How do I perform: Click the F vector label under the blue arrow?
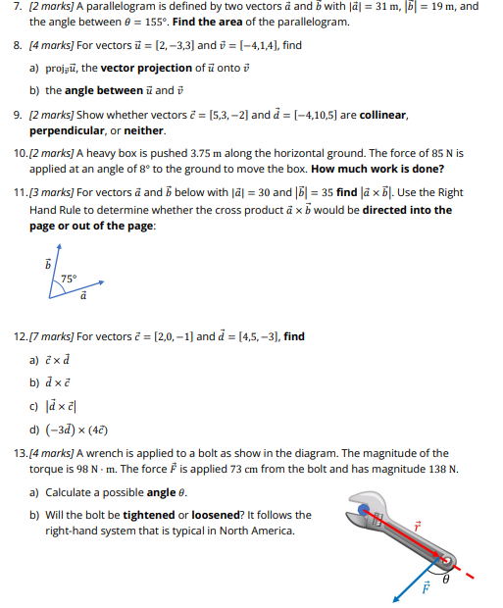point(425,590)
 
